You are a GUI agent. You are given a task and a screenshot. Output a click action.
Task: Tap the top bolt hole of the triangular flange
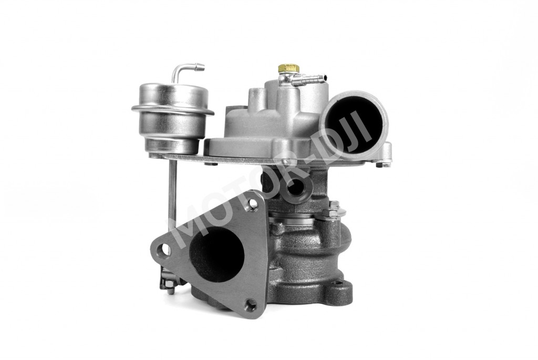click(x=253, y=204)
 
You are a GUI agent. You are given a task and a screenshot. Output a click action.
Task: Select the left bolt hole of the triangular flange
click(x=164, y=249)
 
